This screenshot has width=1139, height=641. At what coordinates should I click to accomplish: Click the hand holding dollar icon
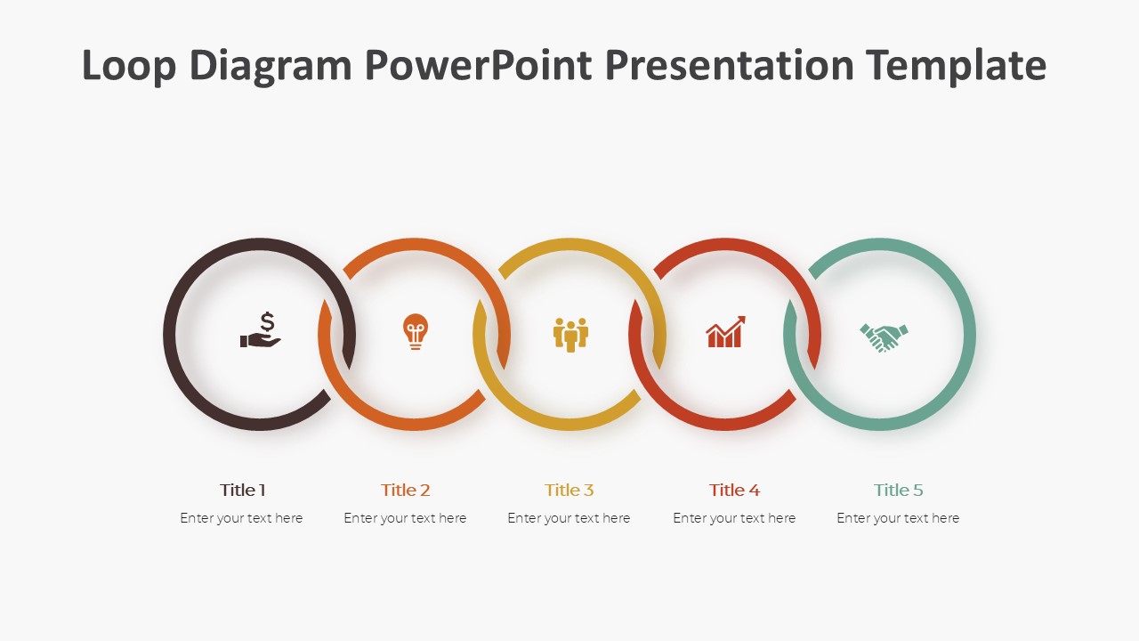point(261,330)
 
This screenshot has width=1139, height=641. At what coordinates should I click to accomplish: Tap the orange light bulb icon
point(416,331)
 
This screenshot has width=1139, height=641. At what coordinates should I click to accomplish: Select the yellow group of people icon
point(570,335)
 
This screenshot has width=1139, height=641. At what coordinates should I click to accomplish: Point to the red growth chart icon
point(725,332)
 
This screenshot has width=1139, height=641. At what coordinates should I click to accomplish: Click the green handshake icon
point(884,337)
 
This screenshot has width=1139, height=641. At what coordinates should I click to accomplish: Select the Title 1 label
point(243,491)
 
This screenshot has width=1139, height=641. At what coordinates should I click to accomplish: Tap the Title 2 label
point(405,491)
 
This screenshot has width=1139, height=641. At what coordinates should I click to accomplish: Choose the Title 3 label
point(569,491)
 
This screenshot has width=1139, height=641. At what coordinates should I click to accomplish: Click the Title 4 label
point(734,491)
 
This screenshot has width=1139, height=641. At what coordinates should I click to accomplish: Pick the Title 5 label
point(898,491)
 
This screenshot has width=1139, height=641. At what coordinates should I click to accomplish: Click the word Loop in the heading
point(129,66)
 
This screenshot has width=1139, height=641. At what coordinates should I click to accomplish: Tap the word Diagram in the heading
point(271,66)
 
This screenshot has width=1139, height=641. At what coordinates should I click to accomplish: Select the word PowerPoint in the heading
point(479,65)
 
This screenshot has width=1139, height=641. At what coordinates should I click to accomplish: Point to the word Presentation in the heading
point(730,65)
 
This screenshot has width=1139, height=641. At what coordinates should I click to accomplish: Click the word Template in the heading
point(957,66)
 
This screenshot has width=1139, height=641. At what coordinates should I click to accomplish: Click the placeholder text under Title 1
point(241,518)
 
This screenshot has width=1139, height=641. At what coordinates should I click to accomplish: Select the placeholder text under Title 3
point(569,518)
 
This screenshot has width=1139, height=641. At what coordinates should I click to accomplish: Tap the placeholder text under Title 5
point(898,518)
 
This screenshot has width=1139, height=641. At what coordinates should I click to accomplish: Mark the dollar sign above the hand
point(268,322)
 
